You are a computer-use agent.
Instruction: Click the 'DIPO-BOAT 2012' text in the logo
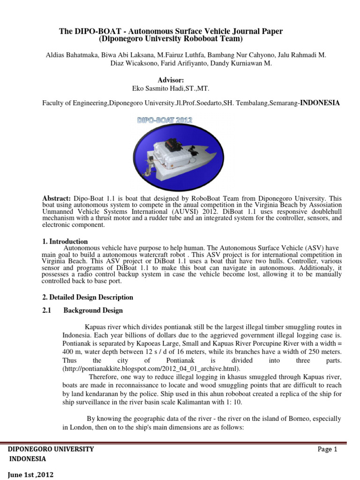pyautogui.click(x=165, y=120)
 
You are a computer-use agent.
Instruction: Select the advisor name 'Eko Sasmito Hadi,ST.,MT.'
pyautogui.click(x=170, y=88)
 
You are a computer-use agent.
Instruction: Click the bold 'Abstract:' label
pyautogui.click(x=57, y=199)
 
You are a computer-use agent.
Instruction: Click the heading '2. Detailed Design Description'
pyautogui.click(x=88, y=297)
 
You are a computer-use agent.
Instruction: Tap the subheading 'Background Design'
pyautogui.click(x=93, y=310)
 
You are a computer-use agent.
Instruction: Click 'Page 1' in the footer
pyautogui.click(x=327, y=449)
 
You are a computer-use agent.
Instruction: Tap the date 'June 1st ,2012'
pyautogui.click(x=31, y=475)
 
